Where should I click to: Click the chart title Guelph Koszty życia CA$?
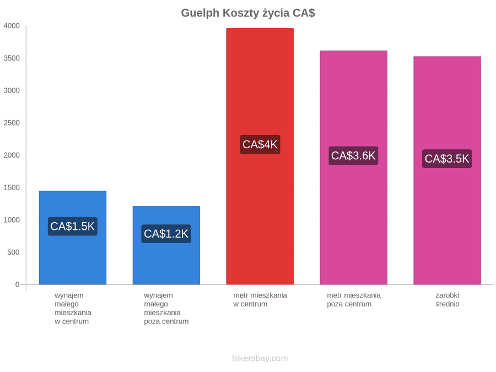(x=248, y=13)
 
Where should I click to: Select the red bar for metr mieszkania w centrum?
(x=260, y=157)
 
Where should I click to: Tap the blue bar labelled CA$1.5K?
(x=73, y=238)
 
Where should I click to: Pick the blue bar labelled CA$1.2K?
(x=166, y=245)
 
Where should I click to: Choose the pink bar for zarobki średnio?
(x=448, y=170)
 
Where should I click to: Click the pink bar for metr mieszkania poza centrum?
(x=354, y=168)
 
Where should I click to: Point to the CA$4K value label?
(x=260, y=144)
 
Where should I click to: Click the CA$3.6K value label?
(x=353, y=155)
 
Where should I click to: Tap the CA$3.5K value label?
(x=447, y=159)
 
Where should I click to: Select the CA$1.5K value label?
(x=72, y=226)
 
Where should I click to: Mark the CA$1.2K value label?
(x=166, y=234)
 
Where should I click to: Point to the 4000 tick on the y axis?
(x=12, y=26)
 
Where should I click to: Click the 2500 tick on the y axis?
(x=12, y=123)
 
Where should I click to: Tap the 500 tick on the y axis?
(x=14, y=252)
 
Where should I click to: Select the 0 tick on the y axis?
(x=18, y=284)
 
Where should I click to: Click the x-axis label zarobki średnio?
(x=448, y=300)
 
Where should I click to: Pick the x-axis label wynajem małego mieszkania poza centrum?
(x=166, y=309)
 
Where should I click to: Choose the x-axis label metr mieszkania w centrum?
(x=260, y=300)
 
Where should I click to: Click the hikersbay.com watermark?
(x=260, y=358)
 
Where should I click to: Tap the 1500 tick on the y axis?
(x=12, y=187)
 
